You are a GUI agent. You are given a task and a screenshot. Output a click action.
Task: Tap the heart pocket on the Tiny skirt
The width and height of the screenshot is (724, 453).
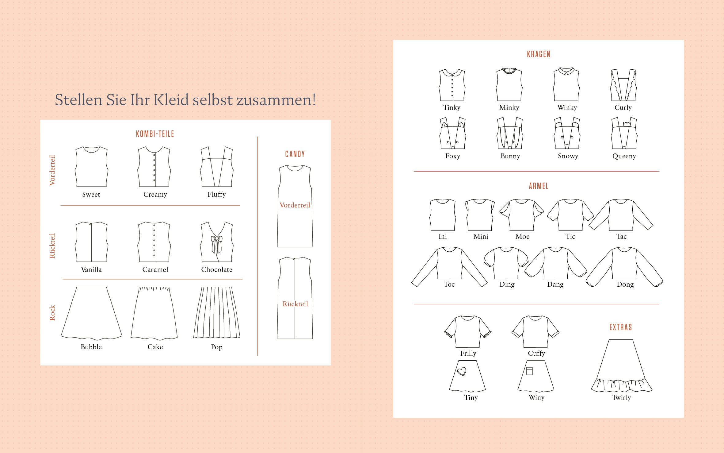(462, 371)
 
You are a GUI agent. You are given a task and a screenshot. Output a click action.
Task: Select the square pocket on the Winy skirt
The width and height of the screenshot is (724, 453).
(529, 371)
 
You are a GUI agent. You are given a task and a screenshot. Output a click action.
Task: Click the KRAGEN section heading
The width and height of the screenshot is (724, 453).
(539, 54)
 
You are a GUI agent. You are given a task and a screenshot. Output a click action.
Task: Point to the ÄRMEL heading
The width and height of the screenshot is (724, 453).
(539, 186)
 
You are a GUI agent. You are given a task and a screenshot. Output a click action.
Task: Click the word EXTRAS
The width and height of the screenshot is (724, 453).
(621, 327)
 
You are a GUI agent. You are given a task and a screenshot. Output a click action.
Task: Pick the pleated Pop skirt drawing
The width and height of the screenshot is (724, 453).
(217, 312)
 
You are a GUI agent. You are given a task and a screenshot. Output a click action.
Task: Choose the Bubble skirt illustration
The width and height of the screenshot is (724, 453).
(91, 313)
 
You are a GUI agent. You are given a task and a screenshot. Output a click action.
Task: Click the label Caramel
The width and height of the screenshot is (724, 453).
(155, 269)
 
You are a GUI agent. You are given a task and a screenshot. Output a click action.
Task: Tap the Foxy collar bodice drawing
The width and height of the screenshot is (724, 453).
(452, 133)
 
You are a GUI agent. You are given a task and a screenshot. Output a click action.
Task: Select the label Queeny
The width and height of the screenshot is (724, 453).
(624, 156)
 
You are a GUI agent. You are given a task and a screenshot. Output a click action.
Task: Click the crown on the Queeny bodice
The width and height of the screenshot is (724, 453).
(627, 124)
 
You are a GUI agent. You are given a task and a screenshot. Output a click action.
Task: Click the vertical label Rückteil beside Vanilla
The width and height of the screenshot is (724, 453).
(52, 246)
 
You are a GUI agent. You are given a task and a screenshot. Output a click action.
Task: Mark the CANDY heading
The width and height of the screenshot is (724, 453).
(295, 154)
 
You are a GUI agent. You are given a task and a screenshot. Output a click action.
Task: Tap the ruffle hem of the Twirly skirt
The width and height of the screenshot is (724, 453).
(622, 385)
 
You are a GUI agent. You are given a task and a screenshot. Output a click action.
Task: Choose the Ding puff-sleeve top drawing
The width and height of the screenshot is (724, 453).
(506, 263)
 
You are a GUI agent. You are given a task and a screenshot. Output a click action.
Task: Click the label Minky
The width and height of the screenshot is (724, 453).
(509, 107)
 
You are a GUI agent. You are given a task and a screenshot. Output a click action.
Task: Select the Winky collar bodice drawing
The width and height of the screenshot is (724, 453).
(566, 84)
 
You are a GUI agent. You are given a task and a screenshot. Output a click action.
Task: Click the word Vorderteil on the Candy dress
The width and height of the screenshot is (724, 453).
(295, 205)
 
